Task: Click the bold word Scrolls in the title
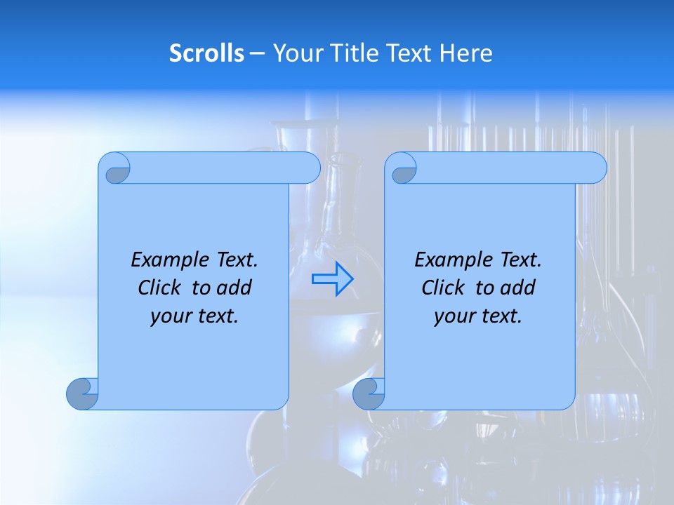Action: tap(207, 53)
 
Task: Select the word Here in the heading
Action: tap(466, 53)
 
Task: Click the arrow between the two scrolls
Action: tap(333, 278)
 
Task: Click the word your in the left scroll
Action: tap(169, 316)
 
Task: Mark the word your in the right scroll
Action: tap(453, 316)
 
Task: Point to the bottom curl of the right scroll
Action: tap(369, 393)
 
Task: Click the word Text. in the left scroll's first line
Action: tap(234, 260)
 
